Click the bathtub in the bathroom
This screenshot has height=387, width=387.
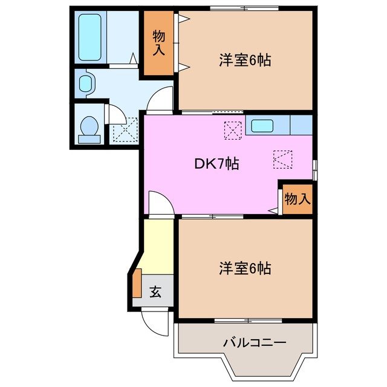pyautogui.click(x=90, y=37)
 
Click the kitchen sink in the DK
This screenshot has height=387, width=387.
pyautogui.click(x=262, y=126)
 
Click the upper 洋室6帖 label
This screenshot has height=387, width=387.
pyautogui.click(x=244, y=60)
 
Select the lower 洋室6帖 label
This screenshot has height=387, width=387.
pyautogui.click(x=244, y=268)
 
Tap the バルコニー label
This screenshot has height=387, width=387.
pyautogui.click(x=246, y=343)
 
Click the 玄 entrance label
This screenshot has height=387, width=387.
pyautogui.click(x=155, y=292)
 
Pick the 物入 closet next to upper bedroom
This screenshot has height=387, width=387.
pyautogui.click(x=158, y=42)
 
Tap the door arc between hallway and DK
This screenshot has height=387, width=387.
pyautogui.click(x=161, y=203)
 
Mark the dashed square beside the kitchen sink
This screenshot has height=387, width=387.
pyautogui.click(x=232, y=130)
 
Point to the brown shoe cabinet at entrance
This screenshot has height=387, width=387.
pyautogui.click(x=137, y=283)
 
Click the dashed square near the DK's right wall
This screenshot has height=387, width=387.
pyautogui.click(x=282, y=158)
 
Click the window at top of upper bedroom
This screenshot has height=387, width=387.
pyautogui.click(x=244, y=8)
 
